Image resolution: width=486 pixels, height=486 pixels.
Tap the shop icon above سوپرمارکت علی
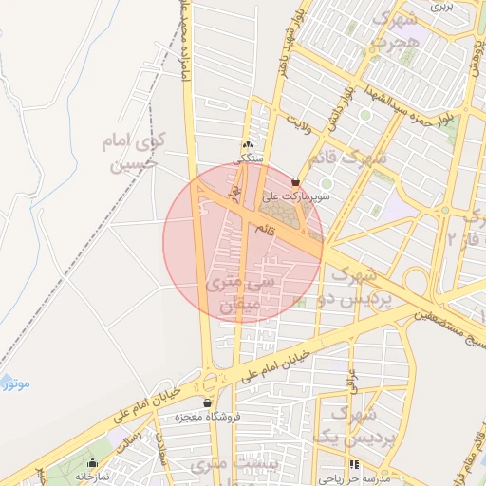(296, 180)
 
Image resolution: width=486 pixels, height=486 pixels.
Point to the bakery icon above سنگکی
(249, 144)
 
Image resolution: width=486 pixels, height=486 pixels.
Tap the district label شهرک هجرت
(391, 31)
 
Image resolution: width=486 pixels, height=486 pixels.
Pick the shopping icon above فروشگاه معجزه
(207, 402)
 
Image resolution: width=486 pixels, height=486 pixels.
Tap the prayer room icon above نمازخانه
(92, 463)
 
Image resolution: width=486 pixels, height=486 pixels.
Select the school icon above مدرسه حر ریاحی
(354, 465)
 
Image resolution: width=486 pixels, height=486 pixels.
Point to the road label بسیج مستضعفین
(446, 318)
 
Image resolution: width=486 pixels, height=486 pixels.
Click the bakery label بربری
(443, 6)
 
